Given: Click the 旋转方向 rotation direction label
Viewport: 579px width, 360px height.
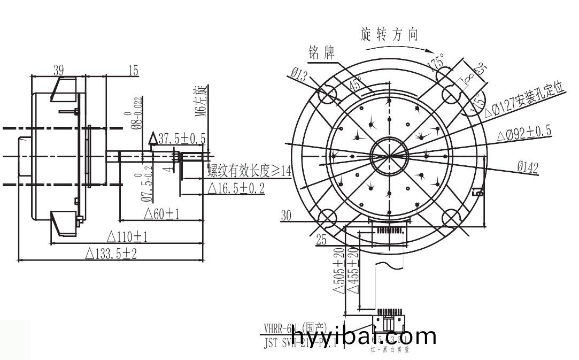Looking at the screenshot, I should coord(390,35).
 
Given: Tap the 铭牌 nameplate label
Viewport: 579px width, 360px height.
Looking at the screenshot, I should coord(321,52).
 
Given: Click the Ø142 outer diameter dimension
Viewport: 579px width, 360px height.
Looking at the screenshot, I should coord(527,167).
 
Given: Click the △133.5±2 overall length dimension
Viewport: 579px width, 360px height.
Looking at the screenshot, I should coord(111,254).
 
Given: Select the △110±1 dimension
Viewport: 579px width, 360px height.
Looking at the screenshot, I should coord(128,236).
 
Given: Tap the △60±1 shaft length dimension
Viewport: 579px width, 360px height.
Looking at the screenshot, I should coord(161,214).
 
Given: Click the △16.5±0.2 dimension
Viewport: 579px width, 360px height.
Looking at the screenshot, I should coord(235,188).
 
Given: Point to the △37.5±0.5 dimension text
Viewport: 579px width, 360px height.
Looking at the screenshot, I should coord(177,139).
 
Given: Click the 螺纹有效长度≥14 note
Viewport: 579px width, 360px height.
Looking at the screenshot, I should coord(249,171).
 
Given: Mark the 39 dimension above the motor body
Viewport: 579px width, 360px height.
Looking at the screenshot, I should coord(58,70).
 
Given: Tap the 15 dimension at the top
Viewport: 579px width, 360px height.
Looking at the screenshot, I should coord(133,70).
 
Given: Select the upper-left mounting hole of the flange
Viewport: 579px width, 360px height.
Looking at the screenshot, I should coord(327,95).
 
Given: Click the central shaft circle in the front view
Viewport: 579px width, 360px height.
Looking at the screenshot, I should coord(389,156).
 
